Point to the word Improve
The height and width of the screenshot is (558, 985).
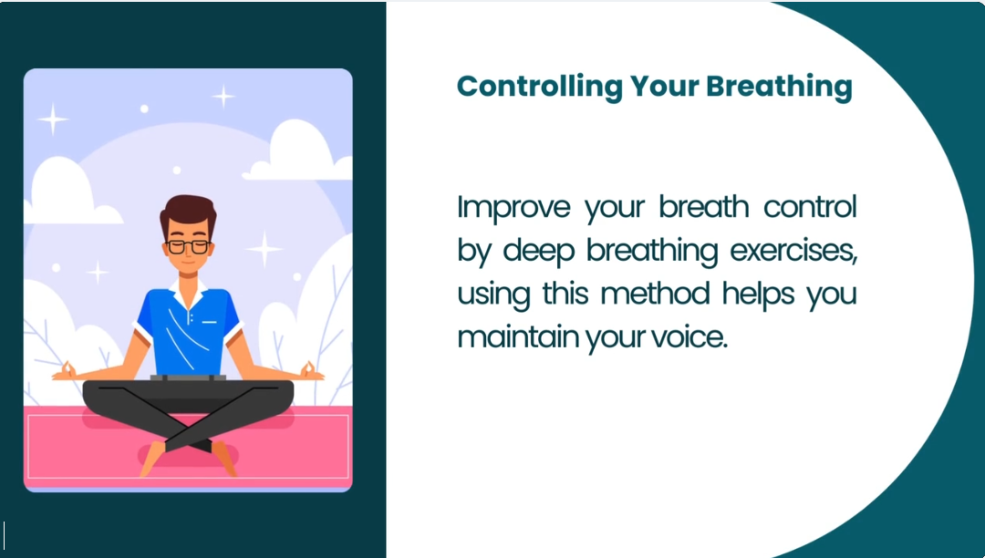[513, 208]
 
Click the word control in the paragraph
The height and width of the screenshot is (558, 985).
[810, 206]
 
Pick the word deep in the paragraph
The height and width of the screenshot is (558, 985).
[539, 251]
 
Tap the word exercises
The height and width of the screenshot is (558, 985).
[793, 251]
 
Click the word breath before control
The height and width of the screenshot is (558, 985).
[703, 206]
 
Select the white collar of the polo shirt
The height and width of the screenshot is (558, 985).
[188, 293]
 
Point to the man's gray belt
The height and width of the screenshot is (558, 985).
[188, 377]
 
